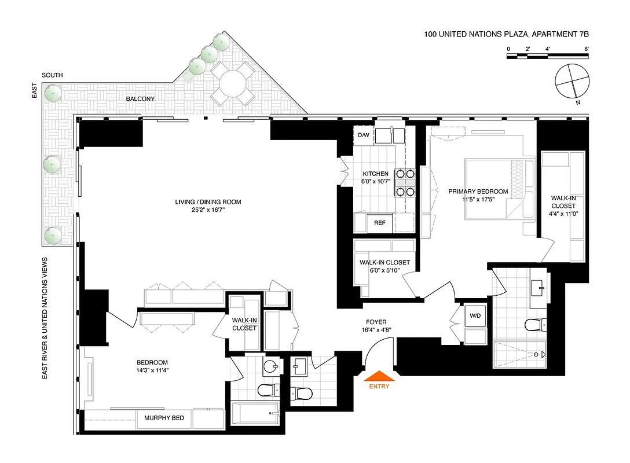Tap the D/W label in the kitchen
(x=363, y=135)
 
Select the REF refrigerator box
(x=379, y=223)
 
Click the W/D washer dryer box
(x=475, y=316)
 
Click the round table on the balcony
(x=228, y=85)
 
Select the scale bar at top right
(x=547, y=56)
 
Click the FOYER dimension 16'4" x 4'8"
(x=376, y=331)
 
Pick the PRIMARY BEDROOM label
(x=478, y=192)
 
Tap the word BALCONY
(x=140, y=99)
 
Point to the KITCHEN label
(x=375, y=174)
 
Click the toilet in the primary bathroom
(x=533, y=325)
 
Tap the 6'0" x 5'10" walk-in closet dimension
(x=384, y=270)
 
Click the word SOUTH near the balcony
(x=52, y=76)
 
